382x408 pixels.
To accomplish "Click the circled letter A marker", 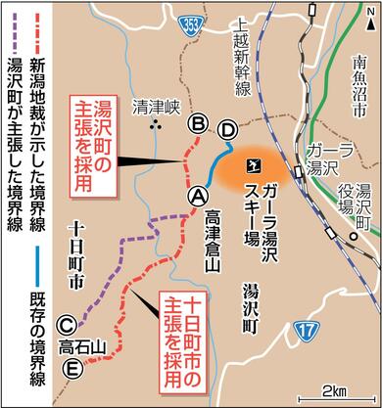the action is pyautogui.click(x=197, y=195).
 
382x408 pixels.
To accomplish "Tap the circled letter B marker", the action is pyautogui.click(x=198, y=123).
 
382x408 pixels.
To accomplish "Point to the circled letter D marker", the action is pyautogui.click(x=227, y=128).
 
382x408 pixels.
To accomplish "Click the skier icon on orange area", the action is pyautogui.click(x=255, y=164).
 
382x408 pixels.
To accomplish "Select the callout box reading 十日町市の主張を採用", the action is pyautogui.click(x=189, y=322).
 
